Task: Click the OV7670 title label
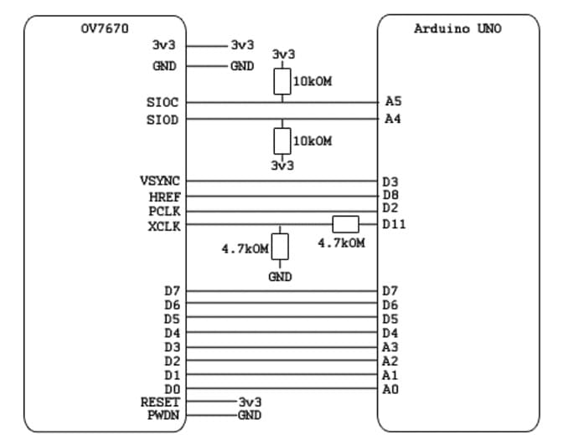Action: coord(105,28)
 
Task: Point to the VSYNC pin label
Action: coord(159,181)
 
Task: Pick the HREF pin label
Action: coord(165,196)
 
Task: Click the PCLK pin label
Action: coord(165,210)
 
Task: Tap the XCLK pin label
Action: coord(165,225)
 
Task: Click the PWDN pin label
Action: coord(163,415)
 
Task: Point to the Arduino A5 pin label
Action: coord(393,101)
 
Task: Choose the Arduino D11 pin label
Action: coord(394,224)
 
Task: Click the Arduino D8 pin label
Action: coord(390,195)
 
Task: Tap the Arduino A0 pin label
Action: coord(390,389)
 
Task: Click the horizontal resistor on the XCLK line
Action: coord(345,224)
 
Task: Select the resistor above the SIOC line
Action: coord(282,81)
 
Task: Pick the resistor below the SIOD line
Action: coord(282,141)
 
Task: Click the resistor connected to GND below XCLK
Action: coord(280,248)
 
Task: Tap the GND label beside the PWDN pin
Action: coord(250,415)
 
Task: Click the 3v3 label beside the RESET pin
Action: coord(250,402)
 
